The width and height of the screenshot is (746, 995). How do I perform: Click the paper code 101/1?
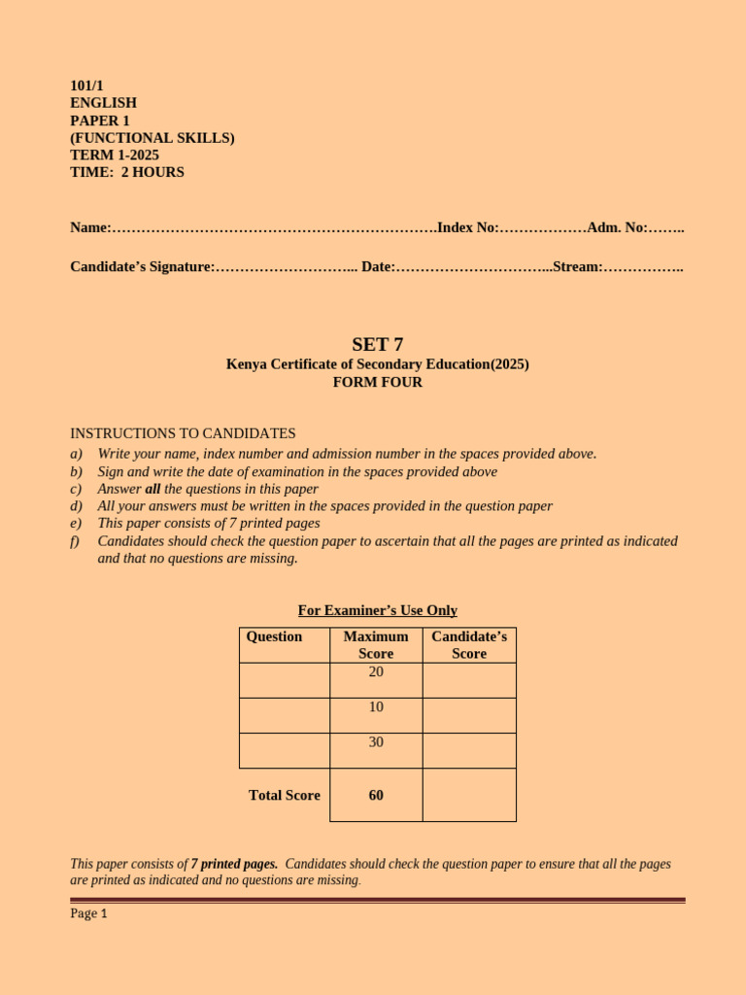[86, 86]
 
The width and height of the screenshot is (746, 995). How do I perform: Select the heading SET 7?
[377, 344]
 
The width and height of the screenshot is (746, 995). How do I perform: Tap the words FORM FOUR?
[377, 382]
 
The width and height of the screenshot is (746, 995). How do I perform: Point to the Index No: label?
[468, 227]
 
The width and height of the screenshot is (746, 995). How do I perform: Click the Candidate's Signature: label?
[142, 266]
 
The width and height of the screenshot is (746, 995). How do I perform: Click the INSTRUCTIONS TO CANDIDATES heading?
[183, 433]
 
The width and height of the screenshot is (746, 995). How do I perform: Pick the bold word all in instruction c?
[153, 489]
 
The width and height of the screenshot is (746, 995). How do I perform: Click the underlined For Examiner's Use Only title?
[377, 610]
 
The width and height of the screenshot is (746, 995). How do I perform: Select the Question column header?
[274, 636]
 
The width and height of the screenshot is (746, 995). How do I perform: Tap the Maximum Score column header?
[376, 645]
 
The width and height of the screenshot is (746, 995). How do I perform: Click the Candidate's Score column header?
[469, 645]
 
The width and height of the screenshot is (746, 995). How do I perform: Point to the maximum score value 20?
[376, 671]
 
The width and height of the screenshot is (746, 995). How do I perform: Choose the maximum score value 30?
[376, 741]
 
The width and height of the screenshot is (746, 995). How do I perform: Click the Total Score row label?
[284, 795]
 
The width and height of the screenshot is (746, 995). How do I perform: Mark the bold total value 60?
[376, 795]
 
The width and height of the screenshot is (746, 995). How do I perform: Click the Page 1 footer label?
[88, 913]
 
